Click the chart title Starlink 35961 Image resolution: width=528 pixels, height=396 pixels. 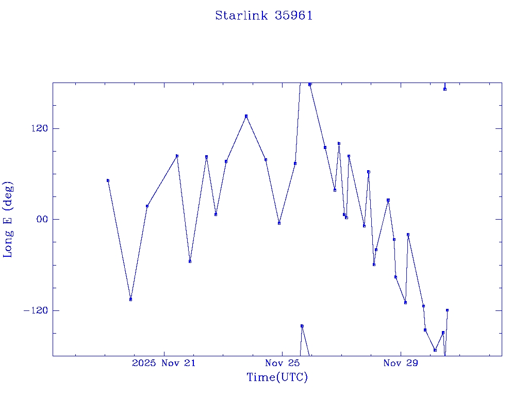[x=263, y=15]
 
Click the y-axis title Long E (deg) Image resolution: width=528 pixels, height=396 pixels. [x=8, y=219]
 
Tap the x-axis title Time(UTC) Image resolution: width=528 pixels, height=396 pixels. [x=277, y=377]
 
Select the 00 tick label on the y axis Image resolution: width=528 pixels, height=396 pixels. [x=41, y=219]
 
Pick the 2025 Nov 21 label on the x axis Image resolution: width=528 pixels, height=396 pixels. [x=164, y=364]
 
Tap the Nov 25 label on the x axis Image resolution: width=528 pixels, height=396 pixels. [x=283, y=364]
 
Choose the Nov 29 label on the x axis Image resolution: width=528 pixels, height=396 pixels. [x=401, y=364]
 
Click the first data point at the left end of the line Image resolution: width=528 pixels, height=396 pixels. [x=108, y=180]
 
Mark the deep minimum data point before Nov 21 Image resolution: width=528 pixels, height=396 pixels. [x=131, y=299]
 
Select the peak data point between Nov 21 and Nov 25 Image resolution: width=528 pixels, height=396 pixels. [x=246, y=116]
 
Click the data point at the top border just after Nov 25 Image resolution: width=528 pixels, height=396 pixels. [x=310, y=84]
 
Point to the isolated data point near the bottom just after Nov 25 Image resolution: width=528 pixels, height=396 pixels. [x=302, y=326]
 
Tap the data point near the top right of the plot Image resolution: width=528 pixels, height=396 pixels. [x=444, y=89]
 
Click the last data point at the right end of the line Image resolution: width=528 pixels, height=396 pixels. [x=447, y=310]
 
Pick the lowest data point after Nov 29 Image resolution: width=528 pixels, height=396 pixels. [x=435, y=350]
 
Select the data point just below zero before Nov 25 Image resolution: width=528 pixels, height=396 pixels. [x=279, y=223]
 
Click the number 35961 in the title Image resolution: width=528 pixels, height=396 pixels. [x=294, y=15]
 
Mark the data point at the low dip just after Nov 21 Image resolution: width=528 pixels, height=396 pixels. [x=190, y=261]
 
